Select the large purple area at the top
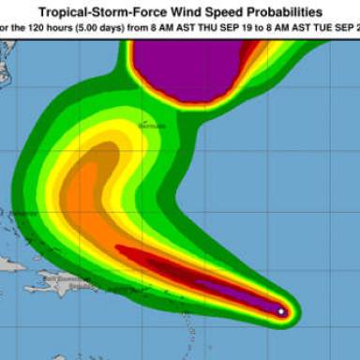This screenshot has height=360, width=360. click(187, 70)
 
